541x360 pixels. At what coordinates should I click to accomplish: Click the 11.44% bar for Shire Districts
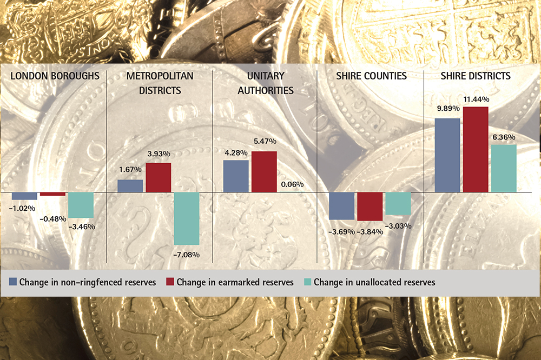[x=476, y=149]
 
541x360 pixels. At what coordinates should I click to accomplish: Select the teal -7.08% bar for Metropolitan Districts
[x=187, y=218]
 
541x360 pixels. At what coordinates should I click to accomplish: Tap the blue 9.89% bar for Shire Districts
[x=447, y=155]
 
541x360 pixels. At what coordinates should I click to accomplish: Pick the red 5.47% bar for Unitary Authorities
[x=264, y=171]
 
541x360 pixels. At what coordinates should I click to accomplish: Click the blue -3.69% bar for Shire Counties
[x=342, y=205]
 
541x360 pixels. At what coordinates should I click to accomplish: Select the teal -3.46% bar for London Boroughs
[x=81, y=205]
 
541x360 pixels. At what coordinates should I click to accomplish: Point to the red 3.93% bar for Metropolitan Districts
[x=159, y=177]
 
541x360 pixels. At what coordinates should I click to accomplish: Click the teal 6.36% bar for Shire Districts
[x=504, y=168]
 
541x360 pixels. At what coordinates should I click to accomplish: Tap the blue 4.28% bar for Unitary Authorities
[x=236, y=176]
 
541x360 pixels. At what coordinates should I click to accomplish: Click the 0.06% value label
[x=292, y=185]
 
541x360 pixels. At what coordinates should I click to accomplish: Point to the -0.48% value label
[x=53, y=219]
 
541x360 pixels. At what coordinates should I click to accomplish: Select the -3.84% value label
[x=370, y=231]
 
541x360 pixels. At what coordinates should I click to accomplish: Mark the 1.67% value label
[x=130, y=170]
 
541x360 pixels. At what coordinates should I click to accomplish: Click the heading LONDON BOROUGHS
[x=55, y=76]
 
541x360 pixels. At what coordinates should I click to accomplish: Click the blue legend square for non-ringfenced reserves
[x=13, y=282]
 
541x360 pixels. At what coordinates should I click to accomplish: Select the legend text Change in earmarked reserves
[x=235, y=282]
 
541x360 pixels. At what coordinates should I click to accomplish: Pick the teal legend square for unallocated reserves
[x=307, y=282]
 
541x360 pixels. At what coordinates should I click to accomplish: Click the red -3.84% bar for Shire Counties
[x=370, y=206]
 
